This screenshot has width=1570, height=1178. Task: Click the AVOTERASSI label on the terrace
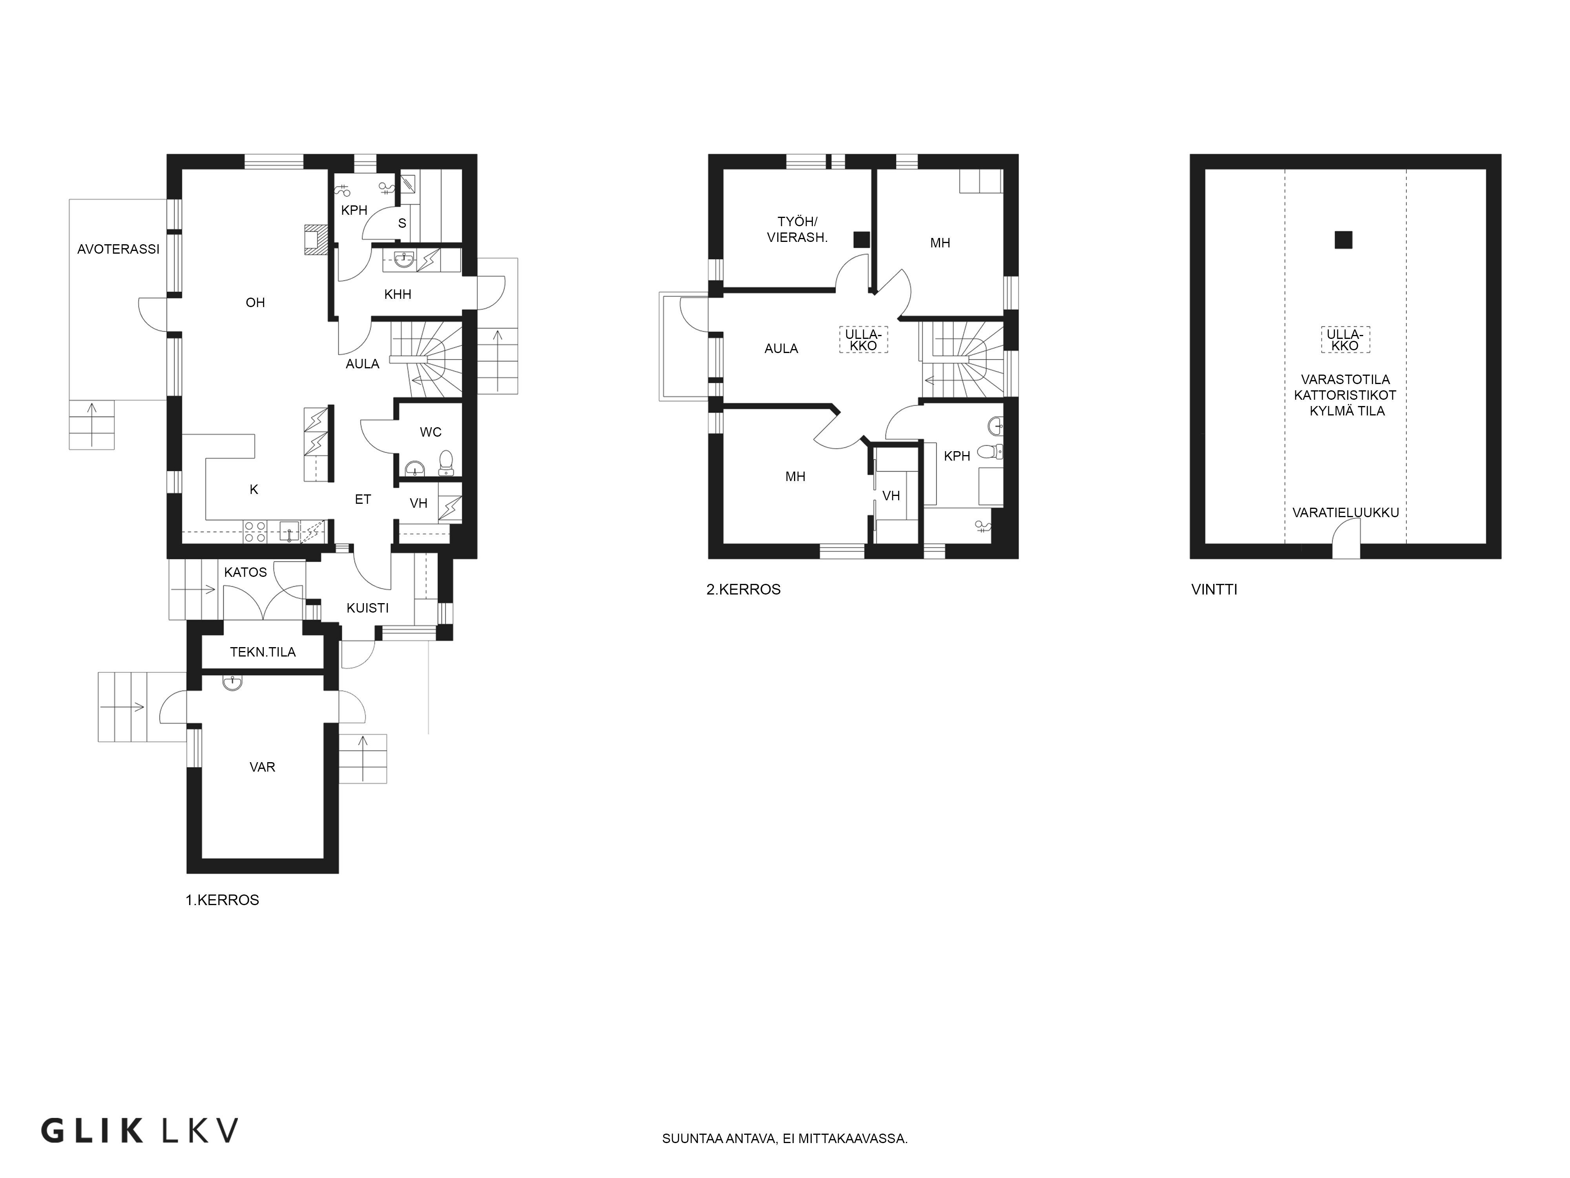(119, 249)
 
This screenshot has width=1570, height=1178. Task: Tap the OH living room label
(256, 302)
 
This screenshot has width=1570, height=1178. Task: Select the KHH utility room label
(398, 294)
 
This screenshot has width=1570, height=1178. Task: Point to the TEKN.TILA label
(263, 652)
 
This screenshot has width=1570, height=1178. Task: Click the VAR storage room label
(263, 767)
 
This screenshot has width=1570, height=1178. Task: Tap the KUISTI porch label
(368, 608)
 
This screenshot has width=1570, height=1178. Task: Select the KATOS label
(246, 573)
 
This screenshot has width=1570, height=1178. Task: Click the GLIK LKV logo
(139, 1130)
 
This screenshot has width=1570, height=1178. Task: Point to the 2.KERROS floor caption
(743, 589)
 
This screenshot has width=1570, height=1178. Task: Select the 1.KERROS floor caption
(222, 900)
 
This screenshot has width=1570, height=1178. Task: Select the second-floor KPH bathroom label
(957, 457)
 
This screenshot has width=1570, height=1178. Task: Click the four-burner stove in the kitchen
(255, 532)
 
